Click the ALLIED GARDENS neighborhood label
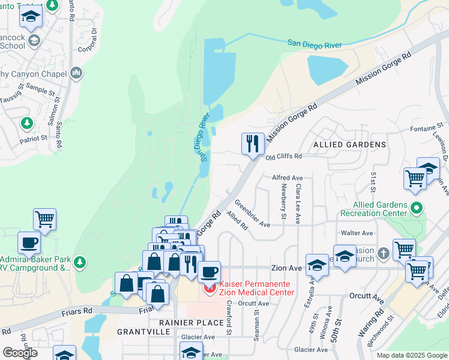click(x=350, y=145)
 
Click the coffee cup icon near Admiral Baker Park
click(x=29, y=244)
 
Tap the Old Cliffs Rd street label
click(x=284, y=156)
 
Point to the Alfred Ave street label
click(x=288, y=178)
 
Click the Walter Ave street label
click(x=357, y=233)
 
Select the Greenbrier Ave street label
click(x=252, y=214)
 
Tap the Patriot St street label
click(x=32, y=138)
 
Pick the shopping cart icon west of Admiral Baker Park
click(x=45, y=219)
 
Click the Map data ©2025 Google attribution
click(x=411, y=355)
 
